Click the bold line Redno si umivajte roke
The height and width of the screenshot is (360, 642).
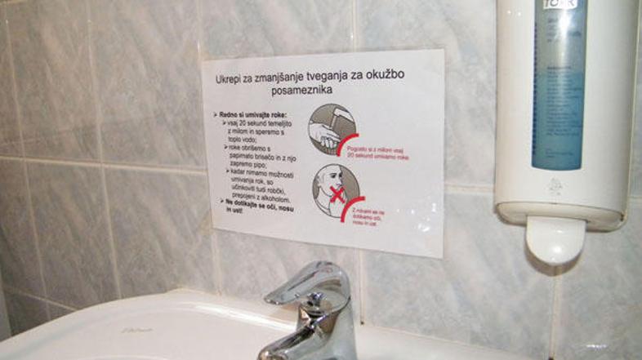point(247,117)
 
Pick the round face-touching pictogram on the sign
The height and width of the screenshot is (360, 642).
point(337,189)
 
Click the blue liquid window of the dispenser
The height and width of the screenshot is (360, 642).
point(558,90)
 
